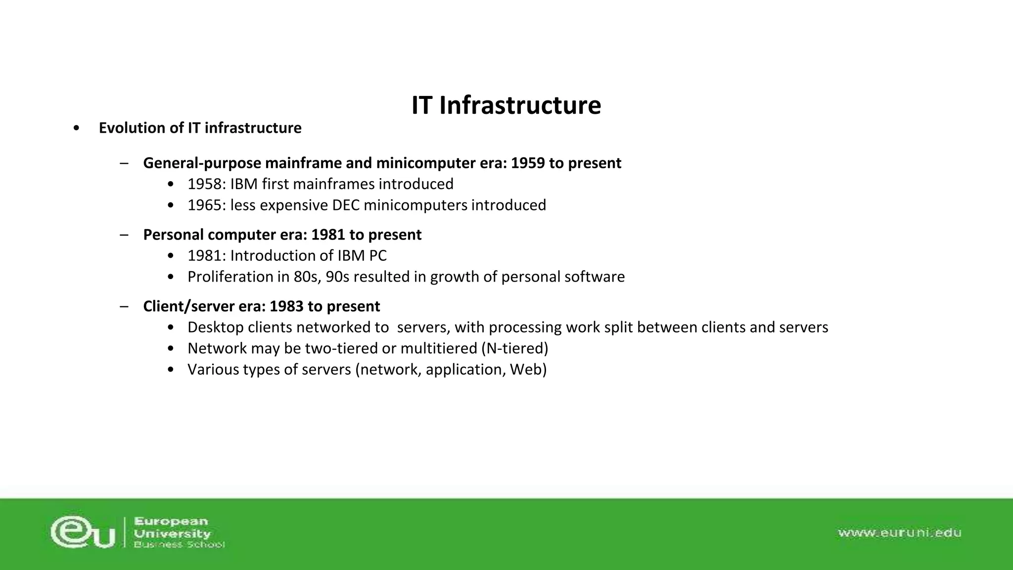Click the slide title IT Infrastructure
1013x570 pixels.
coord(506,105)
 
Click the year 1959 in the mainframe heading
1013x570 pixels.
coord(528,163)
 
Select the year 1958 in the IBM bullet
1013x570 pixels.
coord(204,185)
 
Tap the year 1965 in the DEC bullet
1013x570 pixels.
coord(204,205)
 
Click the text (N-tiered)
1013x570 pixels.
coord(514,349)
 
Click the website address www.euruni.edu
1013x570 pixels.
coord(899,533)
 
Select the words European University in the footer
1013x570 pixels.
coord(172,527)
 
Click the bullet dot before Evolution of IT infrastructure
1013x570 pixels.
coord(76,129)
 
